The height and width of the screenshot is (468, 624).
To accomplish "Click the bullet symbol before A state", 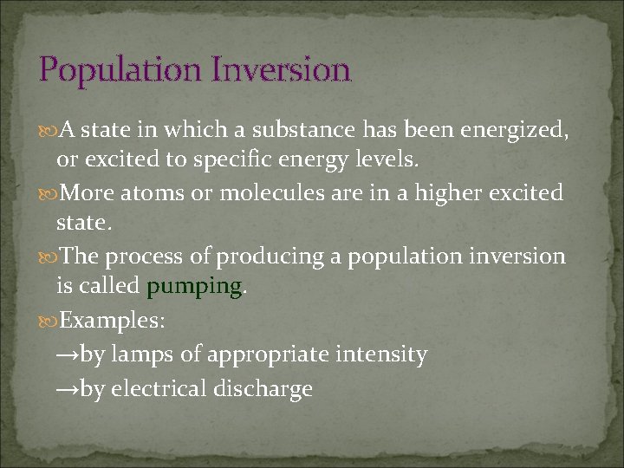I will click(x=49, y=130).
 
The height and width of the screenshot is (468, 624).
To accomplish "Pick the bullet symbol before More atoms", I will click(x=49, y=193).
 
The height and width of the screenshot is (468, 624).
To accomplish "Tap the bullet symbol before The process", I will click(x=49, y=257).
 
